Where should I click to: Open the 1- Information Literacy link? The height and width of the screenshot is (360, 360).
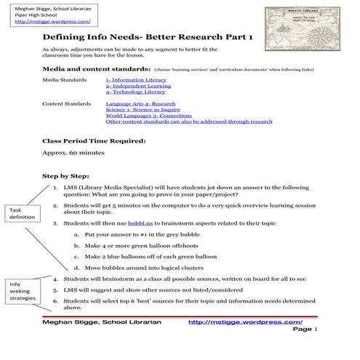(x=136, y=79)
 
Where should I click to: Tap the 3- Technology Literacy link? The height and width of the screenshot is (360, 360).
(x=135, y=92)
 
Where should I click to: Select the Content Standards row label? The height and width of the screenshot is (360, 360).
(x=66, y=104)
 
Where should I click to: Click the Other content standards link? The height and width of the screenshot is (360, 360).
(x=188, y=121)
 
